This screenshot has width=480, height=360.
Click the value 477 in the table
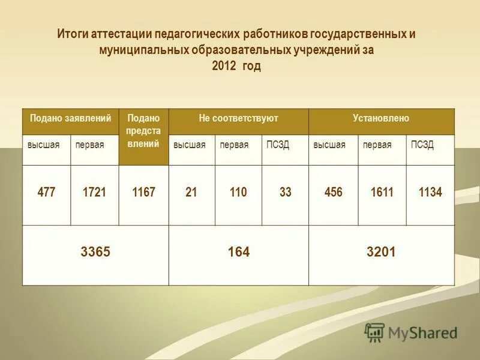(x=46, y=193)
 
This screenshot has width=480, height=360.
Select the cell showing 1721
(x=94, y=193)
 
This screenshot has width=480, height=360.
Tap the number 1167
(x=143, y=193)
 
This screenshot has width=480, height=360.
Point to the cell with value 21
(x=191, y=193)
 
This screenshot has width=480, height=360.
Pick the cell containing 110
(x=238, y=193)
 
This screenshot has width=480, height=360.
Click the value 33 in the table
(x=286, y=193)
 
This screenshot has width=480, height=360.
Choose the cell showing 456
(x=333, y=193)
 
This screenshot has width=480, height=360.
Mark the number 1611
(x=382, y=193)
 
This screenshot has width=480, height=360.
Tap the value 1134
(x=430, y=193)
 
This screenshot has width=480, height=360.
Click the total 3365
(x=95, y=252)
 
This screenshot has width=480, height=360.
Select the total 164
(x=238, y=252)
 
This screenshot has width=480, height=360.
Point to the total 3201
(x=381, y=252)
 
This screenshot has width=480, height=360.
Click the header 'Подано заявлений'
(x=71, y=118)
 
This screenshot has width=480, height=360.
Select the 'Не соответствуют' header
(x=238, y=118)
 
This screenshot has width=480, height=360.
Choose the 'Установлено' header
(x=381, y=118)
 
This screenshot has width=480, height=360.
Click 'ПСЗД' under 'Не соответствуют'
(x=278, y=145)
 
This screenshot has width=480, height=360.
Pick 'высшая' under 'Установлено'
(x=329, y=145)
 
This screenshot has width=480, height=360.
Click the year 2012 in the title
(x=224, y=66)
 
